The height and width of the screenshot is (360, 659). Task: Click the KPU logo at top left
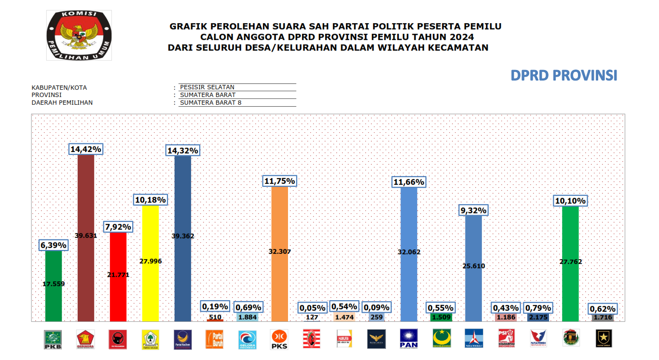click(79, 36)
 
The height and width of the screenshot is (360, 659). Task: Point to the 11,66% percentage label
click(409, 182)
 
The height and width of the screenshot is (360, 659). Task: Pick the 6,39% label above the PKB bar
click(54, 245)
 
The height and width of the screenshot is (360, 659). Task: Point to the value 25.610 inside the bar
click(473, 266)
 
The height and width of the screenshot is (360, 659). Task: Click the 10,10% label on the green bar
click(570, 200)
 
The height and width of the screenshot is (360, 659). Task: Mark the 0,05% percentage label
click(312, 307)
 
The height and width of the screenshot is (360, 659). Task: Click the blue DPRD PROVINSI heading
click(564, 76)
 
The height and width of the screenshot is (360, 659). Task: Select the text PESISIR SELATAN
click(207, 87)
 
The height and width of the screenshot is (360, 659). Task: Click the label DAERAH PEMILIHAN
click(62, 102)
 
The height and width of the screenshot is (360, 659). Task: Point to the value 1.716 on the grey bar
click(603, 318)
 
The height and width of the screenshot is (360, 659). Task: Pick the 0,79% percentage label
click(538, 307)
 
